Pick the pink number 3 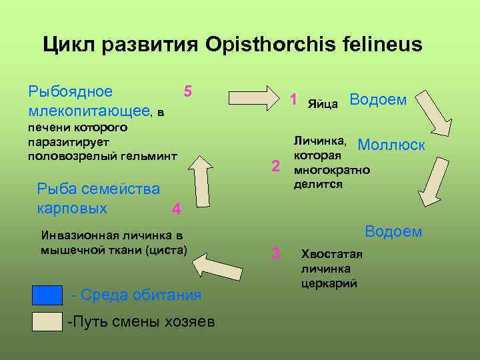pos(275,253)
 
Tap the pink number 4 pos(176,209)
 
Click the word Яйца pos(323,104)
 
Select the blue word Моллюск pos(391,145)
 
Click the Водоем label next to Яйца pos(378,99)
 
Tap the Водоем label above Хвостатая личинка pos(393,231)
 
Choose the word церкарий pos(329,283)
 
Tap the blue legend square pos(47,295)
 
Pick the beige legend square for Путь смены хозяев pos(47,321)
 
